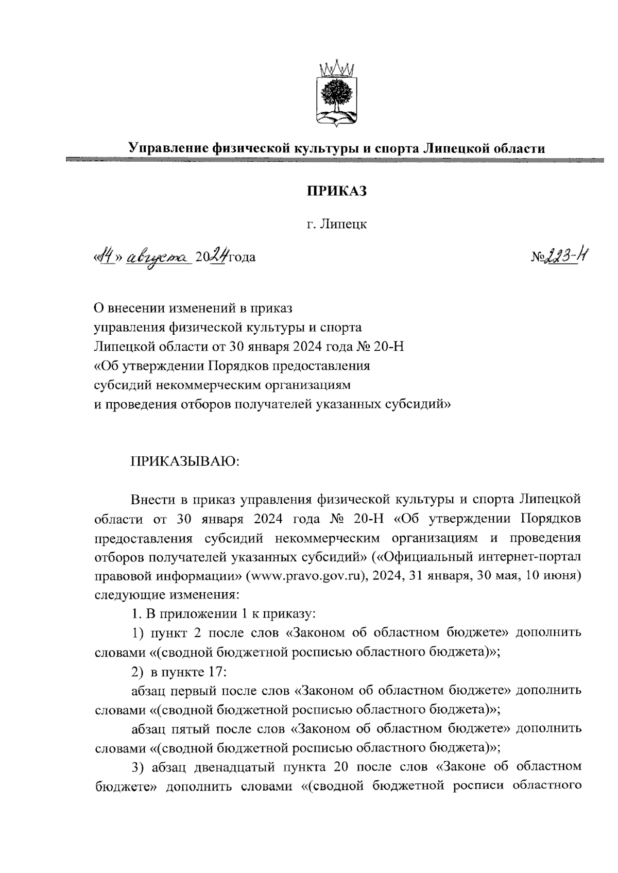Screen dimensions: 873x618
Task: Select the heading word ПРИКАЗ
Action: point(337,191)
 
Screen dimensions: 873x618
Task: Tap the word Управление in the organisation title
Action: point(168,149)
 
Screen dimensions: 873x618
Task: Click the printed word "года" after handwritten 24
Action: point(242,256)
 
